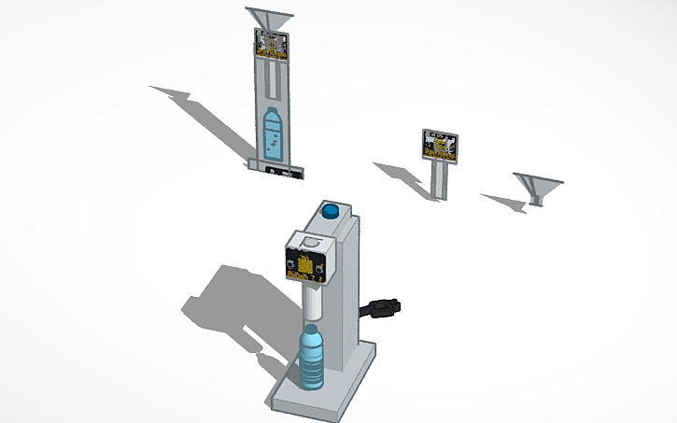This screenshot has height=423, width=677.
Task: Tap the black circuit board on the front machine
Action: pyautogui.click(x=306, y=259)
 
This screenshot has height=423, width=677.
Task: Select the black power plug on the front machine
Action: pyautogui.click(x=383, y=306)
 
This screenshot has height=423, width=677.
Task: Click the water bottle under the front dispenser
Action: pyautogui.click(x=312, y=359)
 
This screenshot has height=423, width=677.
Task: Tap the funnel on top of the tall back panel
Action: pyautogui.click(x=271, y=19)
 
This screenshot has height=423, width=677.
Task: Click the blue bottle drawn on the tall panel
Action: pyautogui.click(x=273, y=132)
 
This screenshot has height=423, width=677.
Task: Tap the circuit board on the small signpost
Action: pyautogui.click(x=440, y=145)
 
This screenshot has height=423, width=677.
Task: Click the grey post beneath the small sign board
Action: pyautogui.click(x=442, y=180)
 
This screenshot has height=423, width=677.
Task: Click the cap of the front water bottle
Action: pyautogui.click(x=312, y=328)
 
